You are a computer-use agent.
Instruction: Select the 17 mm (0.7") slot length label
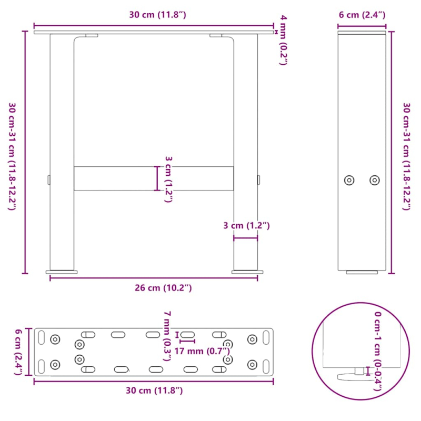203,351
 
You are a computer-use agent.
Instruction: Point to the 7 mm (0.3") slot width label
167,336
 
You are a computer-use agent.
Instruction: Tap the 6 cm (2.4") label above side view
362,15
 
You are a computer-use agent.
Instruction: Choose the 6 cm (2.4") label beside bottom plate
18,352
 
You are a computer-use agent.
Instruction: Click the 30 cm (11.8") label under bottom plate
153,390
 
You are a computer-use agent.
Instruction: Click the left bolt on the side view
349,180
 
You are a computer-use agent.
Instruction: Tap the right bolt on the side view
374,180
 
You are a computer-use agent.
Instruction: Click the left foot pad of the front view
62,272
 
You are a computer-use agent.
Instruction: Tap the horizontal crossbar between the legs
116,178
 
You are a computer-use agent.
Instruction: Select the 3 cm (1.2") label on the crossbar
168,179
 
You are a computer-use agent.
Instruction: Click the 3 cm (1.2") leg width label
246,226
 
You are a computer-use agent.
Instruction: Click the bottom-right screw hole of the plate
253,364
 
